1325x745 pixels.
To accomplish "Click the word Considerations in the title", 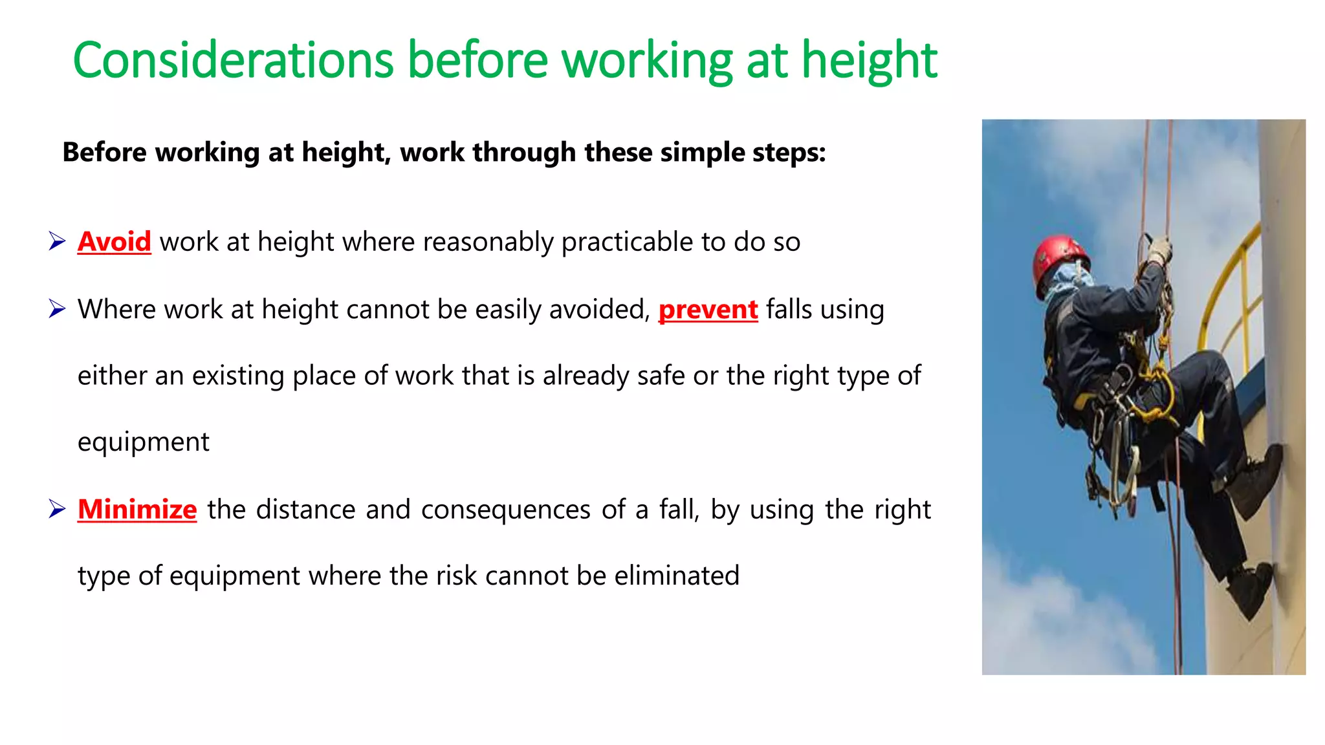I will (x=233, y=60).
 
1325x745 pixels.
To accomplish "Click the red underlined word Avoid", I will (x=114, y=242).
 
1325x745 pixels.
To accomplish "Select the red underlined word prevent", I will (x=708, y=309).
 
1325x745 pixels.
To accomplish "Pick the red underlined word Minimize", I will (x=137, y=510).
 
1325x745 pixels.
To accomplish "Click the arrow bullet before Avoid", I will (x=57, y=242).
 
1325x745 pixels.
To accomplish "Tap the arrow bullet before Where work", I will (x=57, y=309).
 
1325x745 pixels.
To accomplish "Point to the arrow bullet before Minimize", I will (x=57, y=510).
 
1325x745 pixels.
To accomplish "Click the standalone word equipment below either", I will (x=143, y=442).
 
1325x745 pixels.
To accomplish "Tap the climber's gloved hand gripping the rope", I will (x=1159, y=250).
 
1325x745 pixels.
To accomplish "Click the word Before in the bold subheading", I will (x=105, y=153).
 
